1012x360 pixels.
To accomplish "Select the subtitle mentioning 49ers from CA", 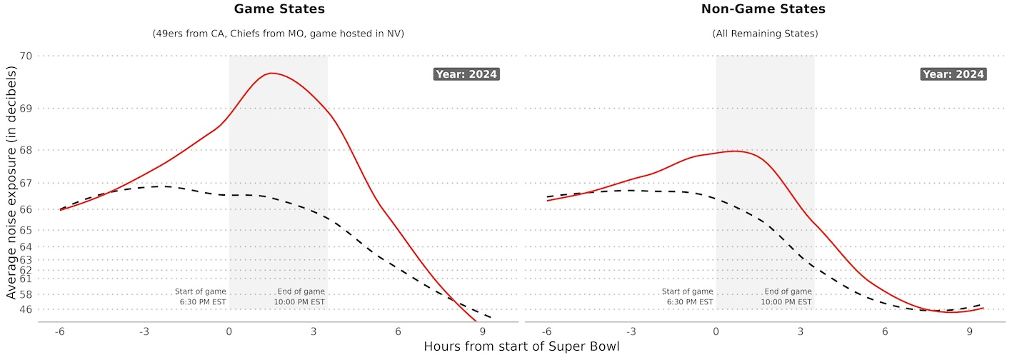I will (x=278, y=34).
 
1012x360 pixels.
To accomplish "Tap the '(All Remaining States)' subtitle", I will (x=765, y=34).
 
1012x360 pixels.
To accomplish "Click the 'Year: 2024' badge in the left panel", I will (x=466, y=74).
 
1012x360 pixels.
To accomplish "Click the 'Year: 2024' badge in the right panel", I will (x=953, y=74).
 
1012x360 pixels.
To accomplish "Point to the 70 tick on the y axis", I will (x=26, y=56).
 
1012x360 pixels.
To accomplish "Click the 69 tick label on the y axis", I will (x=26, y=109).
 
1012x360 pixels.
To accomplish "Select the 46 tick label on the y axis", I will (x=26, y=309).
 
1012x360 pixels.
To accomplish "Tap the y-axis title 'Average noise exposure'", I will (x=11, y=182).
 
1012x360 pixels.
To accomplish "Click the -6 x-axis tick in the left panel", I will (x=60, y=332).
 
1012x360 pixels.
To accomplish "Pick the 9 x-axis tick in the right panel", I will (x=970, y=332).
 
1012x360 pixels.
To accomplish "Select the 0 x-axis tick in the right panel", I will (x=716, y=332).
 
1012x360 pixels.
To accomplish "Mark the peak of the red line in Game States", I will (x=271, y=73).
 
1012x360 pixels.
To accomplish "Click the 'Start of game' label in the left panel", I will (x=201, y=291).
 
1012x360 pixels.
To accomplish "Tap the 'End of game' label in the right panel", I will (x=788, y=291).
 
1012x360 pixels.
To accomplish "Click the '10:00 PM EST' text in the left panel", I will (x=299, y=302).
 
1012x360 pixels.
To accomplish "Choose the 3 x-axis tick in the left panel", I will (x=314, y=332).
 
